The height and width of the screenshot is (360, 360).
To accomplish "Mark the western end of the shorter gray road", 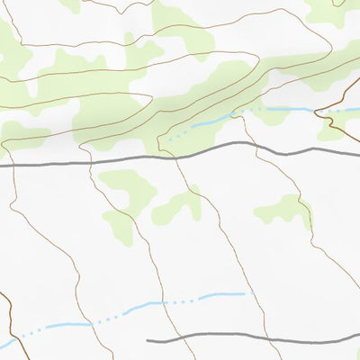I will (x=148, y=341).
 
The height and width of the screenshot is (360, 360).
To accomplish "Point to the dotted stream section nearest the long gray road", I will (x=178, y=134).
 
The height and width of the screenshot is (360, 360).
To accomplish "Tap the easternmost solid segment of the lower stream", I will (x=221, y=295).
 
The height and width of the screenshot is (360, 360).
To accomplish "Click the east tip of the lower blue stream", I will (x=245, y=293).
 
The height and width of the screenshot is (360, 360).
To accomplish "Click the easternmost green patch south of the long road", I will (x=283, y=211).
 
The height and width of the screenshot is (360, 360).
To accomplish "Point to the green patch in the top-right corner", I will (x=333, y=11).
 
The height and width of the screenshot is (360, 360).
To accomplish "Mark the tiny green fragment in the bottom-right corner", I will (x=356, y=355).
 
